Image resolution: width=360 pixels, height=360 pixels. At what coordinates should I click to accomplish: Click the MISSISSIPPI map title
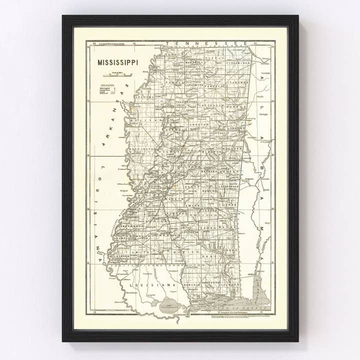(x=117, y=63)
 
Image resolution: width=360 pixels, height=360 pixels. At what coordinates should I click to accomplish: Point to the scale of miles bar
(x=118, y=75)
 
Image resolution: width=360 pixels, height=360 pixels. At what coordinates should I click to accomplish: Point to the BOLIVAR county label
(x=140, y=120)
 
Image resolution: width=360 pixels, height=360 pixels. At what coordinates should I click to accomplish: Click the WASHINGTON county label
(x=142, y=149)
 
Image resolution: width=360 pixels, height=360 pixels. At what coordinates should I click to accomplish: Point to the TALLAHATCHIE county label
(x=164, y=106)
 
